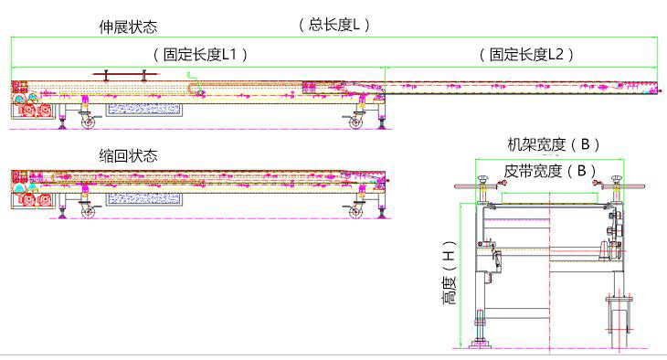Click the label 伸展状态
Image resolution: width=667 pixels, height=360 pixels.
tap(128, 26)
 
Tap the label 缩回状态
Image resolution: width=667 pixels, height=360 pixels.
tap(128, 155)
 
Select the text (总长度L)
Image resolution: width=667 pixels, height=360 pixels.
tap(334, 25)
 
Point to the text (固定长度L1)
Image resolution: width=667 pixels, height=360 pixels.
tap(200, 55)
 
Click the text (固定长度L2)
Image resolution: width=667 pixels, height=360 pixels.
tap(526, 55)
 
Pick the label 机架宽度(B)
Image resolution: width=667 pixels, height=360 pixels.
tap(554, 144)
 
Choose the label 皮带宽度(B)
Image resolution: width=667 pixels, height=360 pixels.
tap(550, 171)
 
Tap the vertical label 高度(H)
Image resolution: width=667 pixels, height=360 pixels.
tap(450, 272)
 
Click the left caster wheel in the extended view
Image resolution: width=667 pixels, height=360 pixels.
tap(88, 122)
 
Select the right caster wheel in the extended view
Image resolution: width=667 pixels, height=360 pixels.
tap(355, 122)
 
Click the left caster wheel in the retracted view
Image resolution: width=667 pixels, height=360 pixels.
tap(88, 212)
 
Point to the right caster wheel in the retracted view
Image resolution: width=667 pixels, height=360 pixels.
tap(355, 212)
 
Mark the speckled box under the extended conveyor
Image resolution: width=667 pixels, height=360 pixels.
tap(143, 110)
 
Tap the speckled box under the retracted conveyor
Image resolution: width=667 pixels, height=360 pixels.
tap(143, 199)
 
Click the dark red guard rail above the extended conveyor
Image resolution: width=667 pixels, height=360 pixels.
tap(125, 74)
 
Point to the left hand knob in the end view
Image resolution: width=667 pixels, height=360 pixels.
tap(483, 180)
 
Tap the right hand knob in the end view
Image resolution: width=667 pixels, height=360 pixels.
tap(617, 180)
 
